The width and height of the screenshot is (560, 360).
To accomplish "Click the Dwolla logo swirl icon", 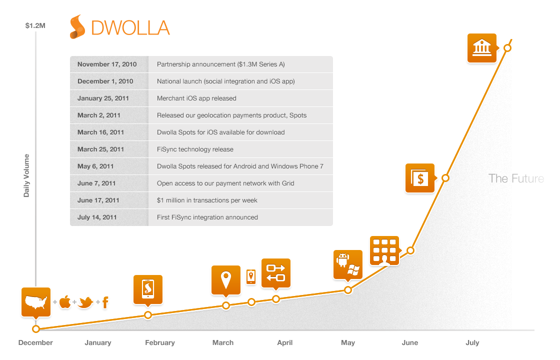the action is coord(77,27).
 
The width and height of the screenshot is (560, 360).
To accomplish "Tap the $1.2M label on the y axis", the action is coord(35,25).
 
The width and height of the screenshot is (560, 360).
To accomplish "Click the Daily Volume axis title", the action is coord(26,175).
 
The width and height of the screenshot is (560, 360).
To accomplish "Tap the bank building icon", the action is coord(482,48).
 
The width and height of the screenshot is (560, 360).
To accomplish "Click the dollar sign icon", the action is coord(420,178).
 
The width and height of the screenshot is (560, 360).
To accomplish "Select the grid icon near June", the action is coord(384,250).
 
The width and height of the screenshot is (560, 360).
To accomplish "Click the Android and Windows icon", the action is coord(348,265).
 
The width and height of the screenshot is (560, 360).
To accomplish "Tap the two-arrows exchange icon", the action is coord(276,273).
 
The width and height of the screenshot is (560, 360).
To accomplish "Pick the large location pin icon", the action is coord(225,280).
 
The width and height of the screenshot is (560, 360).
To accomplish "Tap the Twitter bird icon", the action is coord(85,302).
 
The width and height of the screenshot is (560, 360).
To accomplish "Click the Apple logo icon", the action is coord(65,302).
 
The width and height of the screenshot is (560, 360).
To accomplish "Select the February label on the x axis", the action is coord(160,343).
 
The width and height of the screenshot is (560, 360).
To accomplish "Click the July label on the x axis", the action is coord(472,343).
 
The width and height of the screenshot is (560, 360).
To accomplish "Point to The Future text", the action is coord(516,178).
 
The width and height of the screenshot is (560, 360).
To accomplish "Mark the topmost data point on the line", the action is coord(507,48).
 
